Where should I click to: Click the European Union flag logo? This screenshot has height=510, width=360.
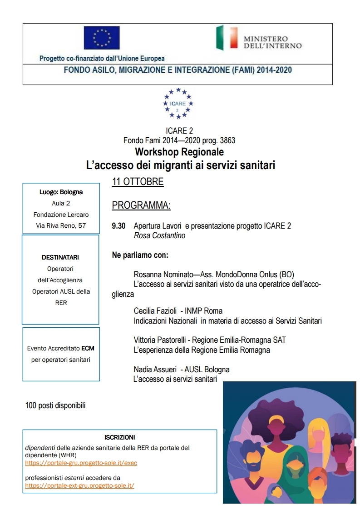(x=102, y=38)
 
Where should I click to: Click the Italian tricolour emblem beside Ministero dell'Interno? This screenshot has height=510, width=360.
(x=226, y=38)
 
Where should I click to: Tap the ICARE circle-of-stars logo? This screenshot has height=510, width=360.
(x=178, y=103)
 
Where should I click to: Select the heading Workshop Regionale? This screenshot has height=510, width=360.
(x=179, y=151)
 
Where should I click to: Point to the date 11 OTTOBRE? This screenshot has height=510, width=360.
(x=138, y=182)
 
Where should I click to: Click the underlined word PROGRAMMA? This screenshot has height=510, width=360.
(x=141, y=205)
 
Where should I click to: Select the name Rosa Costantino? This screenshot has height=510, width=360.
(x=159, y=235)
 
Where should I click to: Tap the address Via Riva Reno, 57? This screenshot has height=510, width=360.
(x=61, y=225)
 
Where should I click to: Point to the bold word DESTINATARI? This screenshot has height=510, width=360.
(x=60, y=257)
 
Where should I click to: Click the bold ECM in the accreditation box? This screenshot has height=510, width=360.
(x=88, y=349)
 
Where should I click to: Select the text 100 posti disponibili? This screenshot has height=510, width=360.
(x=55, y=405)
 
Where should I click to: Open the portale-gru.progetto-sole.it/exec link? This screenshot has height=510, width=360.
(x=81, y=463)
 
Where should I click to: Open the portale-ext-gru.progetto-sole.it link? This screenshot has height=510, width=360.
(x=79, y=485)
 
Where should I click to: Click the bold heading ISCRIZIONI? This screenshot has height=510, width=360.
(x=119, y=437)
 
